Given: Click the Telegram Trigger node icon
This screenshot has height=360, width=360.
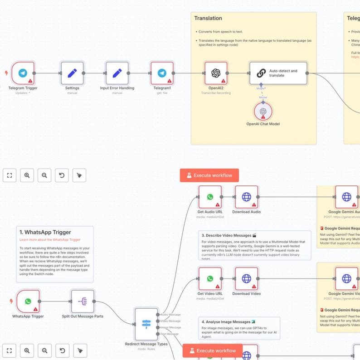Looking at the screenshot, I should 23,73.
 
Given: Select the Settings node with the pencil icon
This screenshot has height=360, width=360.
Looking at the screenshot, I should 72,73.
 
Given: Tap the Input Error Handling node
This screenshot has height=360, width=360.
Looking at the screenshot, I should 117,73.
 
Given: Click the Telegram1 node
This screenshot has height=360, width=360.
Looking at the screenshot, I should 162,73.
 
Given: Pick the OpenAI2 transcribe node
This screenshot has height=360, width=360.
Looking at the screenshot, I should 216,73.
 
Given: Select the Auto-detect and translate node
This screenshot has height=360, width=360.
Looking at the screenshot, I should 278,73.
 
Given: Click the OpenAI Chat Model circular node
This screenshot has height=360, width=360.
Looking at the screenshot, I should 261,111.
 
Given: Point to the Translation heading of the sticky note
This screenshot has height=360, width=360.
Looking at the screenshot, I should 208,19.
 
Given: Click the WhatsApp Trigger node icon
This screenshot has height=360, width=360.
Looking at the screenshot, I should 28,302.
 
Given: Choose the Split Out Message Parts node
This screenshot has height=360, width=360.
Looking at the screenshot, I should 83,302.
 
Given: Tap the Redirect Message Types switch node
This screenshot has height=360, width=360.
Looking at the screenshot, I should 146,324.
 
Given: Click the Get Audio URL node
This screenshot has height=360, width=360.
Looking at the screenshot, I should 210,197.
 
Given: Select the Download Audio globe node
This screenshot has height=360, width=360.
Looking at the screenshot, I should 246,197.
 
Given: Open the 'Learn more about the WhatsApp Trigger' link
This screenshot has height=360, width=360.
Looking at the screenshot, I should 50,240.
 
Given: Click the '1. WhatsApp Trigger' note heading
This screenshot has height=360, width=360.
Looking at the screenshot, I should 45,233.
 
